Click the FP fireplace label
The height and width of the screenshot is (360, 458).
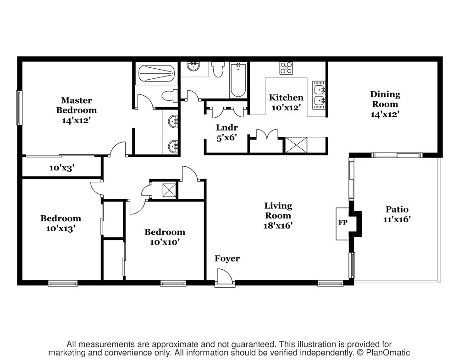(342, 223)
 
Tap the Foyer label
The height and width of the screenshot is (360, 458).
(227, 258)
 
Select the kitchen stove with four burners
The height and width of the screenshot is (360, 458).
(286, 68)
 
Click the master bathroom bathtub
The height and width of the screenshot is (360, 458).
(156, 73)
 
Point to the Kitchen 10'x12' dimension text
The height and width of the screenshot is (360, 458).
(286, 108)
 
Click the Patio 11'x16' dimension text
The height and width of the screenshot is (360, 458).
(397, 219)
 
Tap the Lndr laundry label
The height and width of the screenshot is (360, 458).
(226, 127)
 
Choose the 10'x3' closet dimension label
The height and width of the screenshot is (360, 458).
(61, 168)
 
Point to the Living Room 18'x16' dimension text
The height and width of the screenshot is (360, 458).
(278, 225)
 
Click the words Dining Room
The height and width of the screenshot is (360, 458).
(385, 99)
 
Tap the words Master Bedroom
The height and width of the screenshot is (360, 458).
(77, 105)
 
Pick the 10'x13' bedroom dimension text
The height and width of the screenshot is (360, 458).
(61, 229)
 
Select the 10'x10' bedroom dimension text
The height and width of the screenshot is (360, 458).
(165, 242)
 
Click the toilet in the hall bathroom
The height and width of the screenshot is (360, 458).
(218, 70)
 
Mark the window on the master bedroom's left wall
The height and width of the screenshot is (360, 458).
(19, 108)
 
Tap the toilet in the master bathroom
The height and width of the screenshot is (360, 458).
(170, 96)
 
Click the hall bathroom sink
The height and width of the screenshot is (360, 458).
(193, 66)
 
